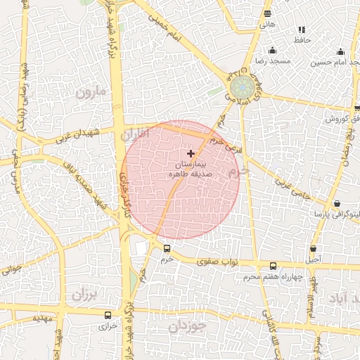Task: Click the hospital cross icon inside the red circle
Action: pos(191,153)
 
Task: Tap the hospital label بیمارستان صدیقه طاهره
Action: pos(191,169)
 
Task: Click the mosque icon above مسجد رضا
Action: pos(273,51)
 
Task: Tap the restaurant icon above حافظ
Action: pos(302,30)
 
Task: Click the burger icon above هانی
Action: pos(267,13)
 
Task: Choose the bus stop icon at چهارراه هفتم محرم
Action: pos(274,266)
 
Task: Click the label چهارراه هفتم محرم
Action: pos(273,277)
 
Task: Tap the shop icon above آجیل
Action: pos(313,249)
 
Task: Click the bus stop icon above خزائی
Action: pos(108,315)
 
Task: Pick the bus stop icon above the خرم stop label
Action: pos(167,248)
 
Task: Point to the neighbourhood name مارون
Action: pos(90,91)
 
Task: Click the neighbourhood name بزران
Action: pos(82,295)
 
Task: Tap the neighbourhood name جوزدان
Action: pos(184,327)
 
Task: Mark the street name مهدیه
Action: pos(42,317)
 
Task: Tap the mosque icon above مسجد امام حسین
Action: pos(341,51)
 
